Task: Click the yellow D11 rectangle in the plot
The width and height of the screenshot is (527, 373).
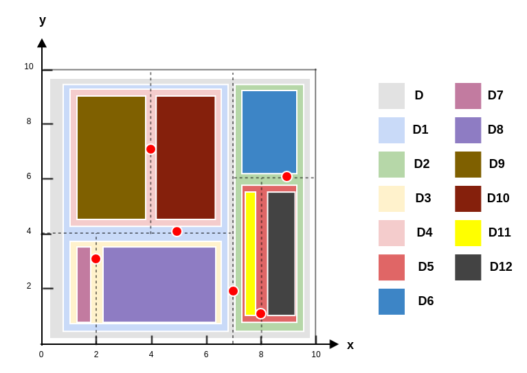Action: [250, 254]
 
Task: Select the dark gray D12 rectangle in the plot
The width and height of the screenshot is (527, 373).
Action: [281, 254]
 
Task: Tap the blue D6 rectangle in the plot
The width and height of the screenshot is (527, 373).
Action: [269, 132]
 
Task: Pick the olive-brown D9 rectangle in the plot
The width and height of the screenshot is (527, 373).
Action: [111, 158]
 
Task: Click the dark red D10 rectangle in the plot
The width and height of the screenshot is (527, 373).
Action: [186, 158]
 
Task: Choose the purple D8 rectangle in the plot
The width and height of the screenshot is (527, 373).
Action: [159, 285]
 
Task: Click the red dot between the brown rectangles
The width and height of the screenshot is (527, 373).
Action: [150, 149]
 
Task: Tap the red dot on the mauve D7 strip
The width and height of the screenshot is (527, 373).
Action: [96, 258]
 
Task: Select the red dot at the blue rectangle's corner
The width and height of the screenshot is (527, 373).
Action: [287, 176]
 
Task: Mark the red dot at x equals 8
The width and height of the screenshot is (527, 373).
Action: [260, 313]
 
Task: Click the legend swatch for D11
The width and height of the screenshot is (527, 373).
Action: [468, 233]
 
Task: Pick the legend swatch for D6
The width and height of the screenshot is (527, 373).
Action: [392, 302]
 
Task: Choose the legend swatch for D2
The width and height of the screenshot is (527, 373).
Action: [392, 165]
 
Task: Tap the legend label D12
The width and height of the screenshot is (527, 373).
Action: [501, 267]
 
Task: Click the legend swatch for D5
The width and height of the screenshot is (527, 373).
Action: [392, 267]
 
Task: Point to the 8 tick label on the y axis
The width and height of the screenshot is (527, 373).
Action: [29, 121]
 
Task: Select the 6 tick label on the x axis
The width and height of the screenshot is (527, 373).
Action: [206, 354]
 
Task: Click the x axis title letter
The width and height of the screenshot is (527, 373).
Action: [350, 345]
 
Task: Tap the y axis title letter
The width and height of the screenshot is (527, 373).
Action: [43, 20]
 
